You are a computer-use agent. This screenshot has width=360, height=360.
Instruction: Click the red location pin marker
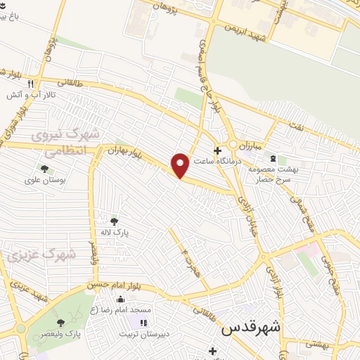(x=181, y=165)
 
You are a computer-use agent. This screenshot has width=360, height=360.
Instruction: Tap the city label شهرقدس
(x=250, y=328)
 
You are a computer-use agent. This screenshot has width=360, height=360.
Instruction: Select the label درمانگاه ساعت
(x=240, y=160)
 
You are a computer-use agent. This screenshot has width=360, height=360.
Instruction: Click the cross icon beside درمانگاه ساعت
(x=218, y=150)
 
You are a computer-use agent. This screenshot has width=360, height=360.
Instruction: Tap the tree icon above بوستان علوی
(x=45, y=169)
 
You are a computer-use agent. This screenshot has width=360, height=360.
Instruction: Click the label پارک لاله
(x=114, y=233)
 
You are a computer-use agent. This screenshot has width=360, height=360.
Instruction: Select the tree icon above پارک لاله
(x=114, y=222)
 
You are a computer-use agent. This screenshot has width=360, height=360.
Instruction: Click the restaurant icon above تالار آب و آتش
(x=30, y=83)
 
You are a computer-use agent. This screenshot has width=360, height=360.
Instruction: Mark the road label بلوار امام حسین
(x=109, y=285)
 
